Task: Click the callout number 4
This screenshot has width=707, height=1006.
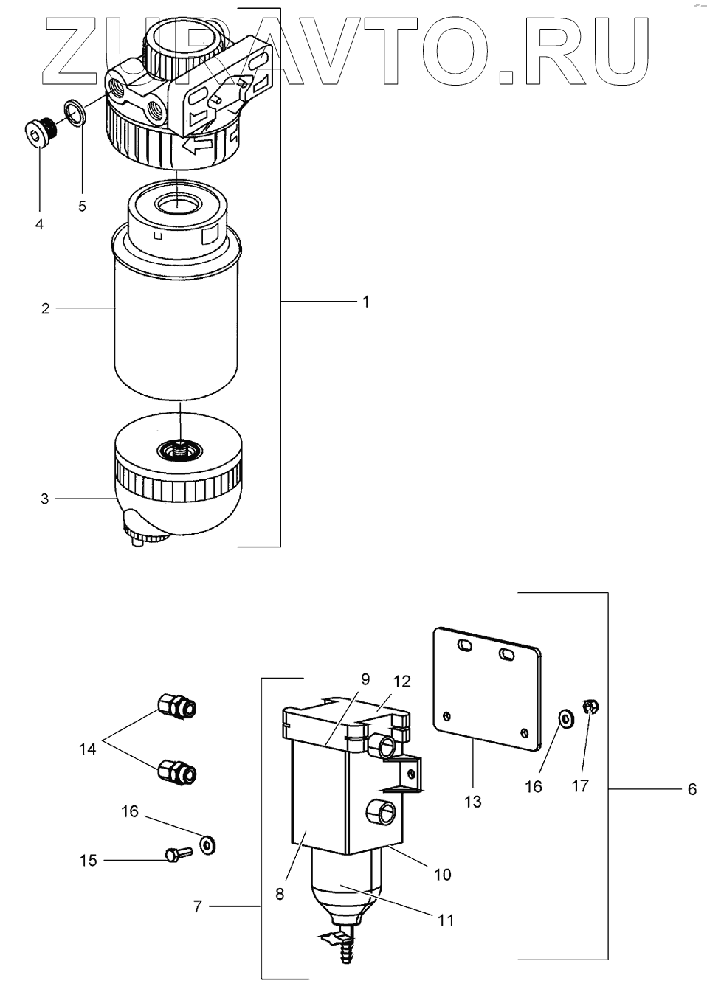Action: click(x=39, y=223)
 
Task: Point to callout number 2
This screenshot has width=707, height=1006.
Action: click(x=45, y=308)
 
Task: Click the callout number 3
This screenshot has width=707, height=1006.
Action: click(x=45, y=499)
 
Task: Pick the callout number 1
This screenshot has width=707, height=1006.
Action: click(x=365, y=302)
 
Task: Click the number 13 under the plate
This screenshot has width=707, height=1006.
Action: click(x=472, y=801)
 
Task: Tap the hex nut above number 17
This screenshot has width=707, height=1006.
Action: click(x=590, y=707)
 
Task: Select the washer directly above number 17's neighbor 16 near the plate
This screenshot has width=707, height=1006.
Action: click(x=565, y=718)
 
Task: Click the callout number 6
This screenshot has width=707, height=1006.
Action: click(x=692, y=789)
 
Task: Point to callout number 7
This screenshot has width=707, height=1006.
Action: click(x=198, y=906)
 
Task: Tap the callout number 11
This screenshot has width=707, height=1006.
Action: click(x=446, y=920)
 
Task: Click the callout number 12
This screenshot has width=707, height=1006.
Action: click(x=401, y=681)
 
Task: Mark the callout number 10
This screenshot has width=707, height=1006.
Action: click(x=442, y=875)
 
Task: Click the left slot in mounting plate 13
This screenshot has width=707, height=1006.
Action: click(x=466, y=647)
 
